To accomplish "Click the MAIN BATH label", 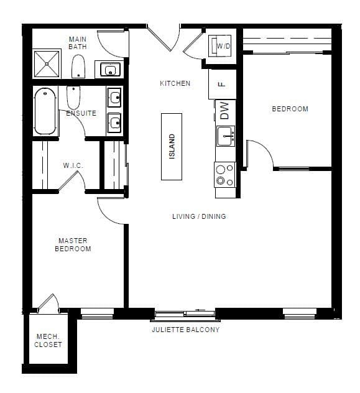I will (x=78, y=42).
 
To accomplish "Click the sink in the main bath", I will (x=109, y=69).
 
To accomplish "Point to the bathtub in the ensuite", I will (x=45, y=111).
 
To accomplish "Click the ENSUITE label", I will (x=81, y=113).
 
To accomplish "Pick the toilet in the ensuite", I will (x=72, y=97).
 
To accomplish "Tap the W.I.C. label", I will (x=73, y=165).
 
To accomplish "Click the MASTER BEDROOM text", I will (x=73, y=244).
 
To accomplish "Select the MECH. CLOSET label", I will (x=48, y=341).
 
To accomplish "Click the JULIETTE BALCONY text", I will (x=185, y=330).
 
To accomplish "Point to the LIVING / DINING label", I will (x=199, y=216).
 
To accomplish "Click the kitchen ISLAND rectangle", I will (x=172, y=146).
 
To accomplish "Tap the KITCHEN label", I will (x=175, y=83).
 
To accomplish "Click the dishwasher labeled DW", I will (x=224, y=111).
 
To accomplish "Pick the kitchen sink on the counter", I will (x=225, y=134).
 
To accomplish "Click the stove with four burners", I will (x=224, y=175).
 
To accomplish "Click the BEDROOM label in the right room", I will (x=290, y=109).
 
